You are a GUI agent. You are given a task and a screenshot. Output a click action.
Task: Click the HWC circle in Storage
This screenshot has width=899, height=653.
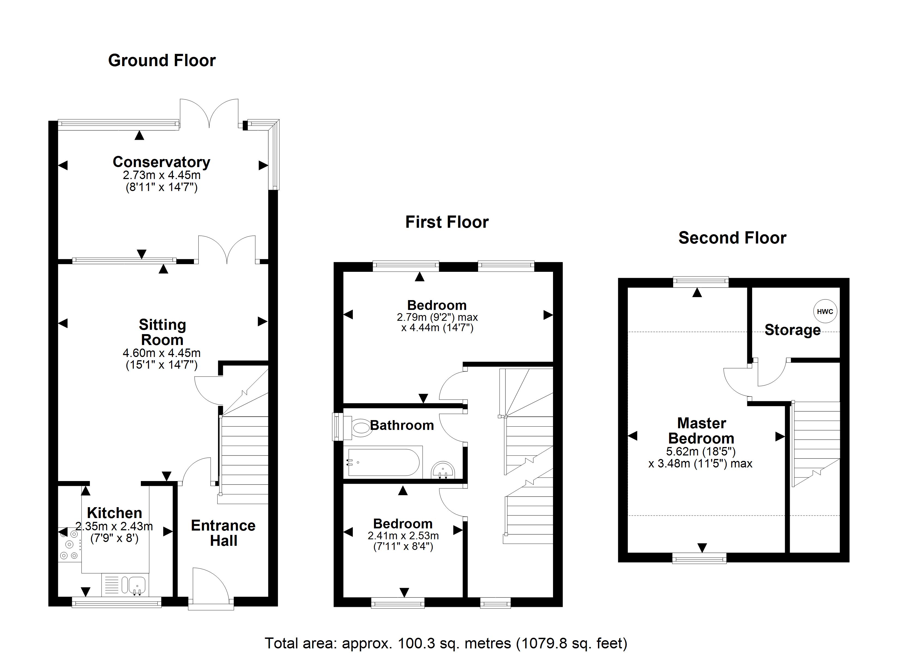[x=825, y=311]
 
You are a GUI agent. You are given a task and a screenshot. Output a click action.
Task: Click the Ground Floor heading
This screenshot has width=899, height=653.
[x=162, y=61]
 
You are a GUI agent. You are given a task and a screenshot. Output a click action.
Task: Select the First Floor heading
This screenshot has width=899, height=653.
[x=447, y=222]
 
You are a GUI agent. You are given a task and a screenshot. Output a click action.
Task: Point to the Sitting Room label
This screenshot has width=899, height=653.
[x=162, y=332]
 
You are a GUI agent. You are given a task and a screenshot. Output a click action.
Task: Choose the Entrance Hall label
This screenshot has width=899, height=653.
[x=223, y=533]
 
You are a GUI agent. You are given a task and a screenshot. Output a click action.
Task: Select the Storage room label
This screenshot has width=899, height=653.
[x=792, y=330]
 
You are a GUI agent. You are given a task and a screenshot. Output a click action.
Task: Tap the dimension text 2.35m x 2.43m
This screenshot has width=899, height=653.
[x=114, y=526]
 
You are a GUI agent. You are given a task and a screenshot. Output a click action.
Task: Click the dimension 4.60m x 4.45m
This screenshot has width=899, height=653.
[x=162, y=353]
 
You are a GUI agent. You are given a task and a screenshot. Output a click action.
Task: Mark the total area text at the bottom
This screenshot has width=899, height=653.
[x=446, y=643]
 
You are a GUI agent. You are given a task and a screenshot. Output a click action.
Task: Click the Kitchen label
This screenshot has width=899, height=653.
[x=115, y=513]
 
